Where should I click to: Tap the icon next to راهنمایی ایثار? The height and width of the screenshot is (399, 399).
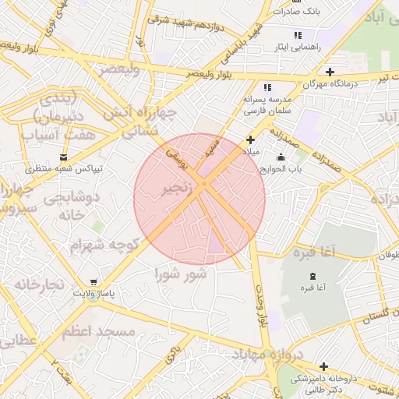(x=298, y=36)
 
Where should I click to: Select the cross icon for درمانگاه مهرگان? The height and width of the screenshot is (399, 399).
(x=331, y=72)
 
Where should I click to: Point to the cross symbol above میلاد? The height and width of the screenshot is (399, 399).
(x=250, y=139)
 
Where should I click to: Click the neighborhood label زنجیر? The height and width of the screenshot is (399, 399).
(x=175, y=189)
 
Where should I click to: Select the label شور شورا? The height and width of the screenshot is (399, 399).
(x=180, y=274)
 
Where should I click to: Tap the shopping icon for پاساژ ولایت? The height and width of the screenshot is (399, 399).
(x=95, y=281)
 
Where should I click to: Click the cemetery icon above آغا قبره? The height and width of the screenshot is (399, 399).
(x=313, y=277)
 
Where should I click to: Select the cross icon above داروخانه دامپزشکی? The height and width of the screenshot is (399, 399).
(x=323, y=366)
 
